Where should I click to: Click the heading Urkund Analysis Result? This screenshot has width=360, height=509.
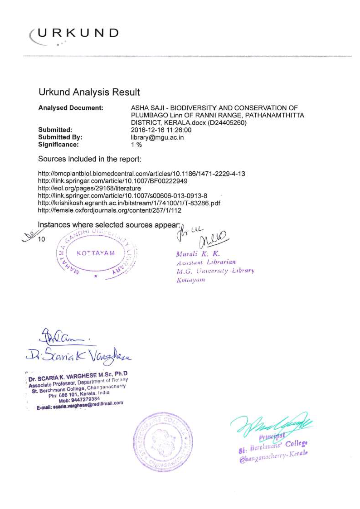(x=89, y=92)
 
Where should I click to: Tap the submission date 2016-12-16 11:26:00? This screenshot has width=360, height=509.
(x=161, y=130)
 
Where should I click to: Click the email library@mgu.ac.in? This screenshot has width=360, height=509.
(x=157, y=137)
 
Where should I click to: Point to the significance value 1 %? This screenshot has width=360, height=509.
(x=136, y=145)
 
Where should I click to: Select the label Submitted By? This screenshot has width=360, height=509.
(x=60, y=137)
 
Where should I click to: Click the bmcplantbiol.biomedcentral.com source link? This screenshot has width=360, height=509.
(x=141, y=174)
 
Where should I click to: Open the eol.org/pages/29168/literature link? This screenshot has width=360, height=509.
(x=89, y=188)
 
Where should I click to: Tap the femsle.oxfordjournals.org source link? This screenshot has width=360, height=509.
(x=109, y=210)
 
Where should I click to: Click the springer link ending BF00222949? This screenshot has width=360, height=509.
(x=112, y=181)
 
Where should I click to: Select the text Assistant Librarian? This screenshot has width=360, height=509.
(x=206, y=262)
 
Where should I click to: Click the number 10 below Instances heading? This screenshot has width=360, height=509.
(x=42, y=239)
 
